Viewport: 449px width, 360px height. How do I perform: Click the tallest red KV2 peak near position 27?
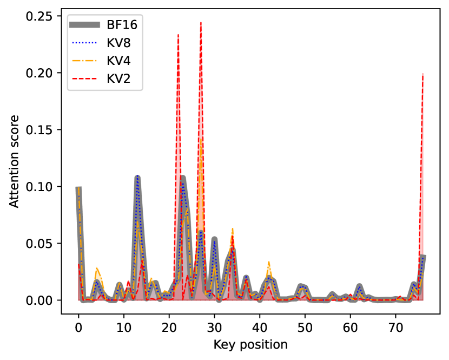[201, 23]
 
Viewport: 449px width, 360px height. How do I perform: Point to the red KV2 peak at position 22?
[178, 35]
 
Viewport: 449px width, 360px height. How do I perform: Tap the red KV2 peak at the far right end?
[422, 74]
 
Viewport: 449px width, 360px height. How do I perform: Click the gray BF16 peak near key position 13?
[137, 177]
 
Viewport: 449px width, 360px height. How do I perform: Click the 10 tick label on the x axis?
[124, 328]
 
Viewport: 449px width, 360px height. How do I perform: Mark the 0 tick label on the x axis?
[78, 328]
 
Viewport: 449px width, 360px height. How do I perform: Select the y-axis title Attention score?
[15, 161]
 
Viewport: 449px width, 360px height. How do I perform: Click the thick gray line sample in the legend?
[85, 24]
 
